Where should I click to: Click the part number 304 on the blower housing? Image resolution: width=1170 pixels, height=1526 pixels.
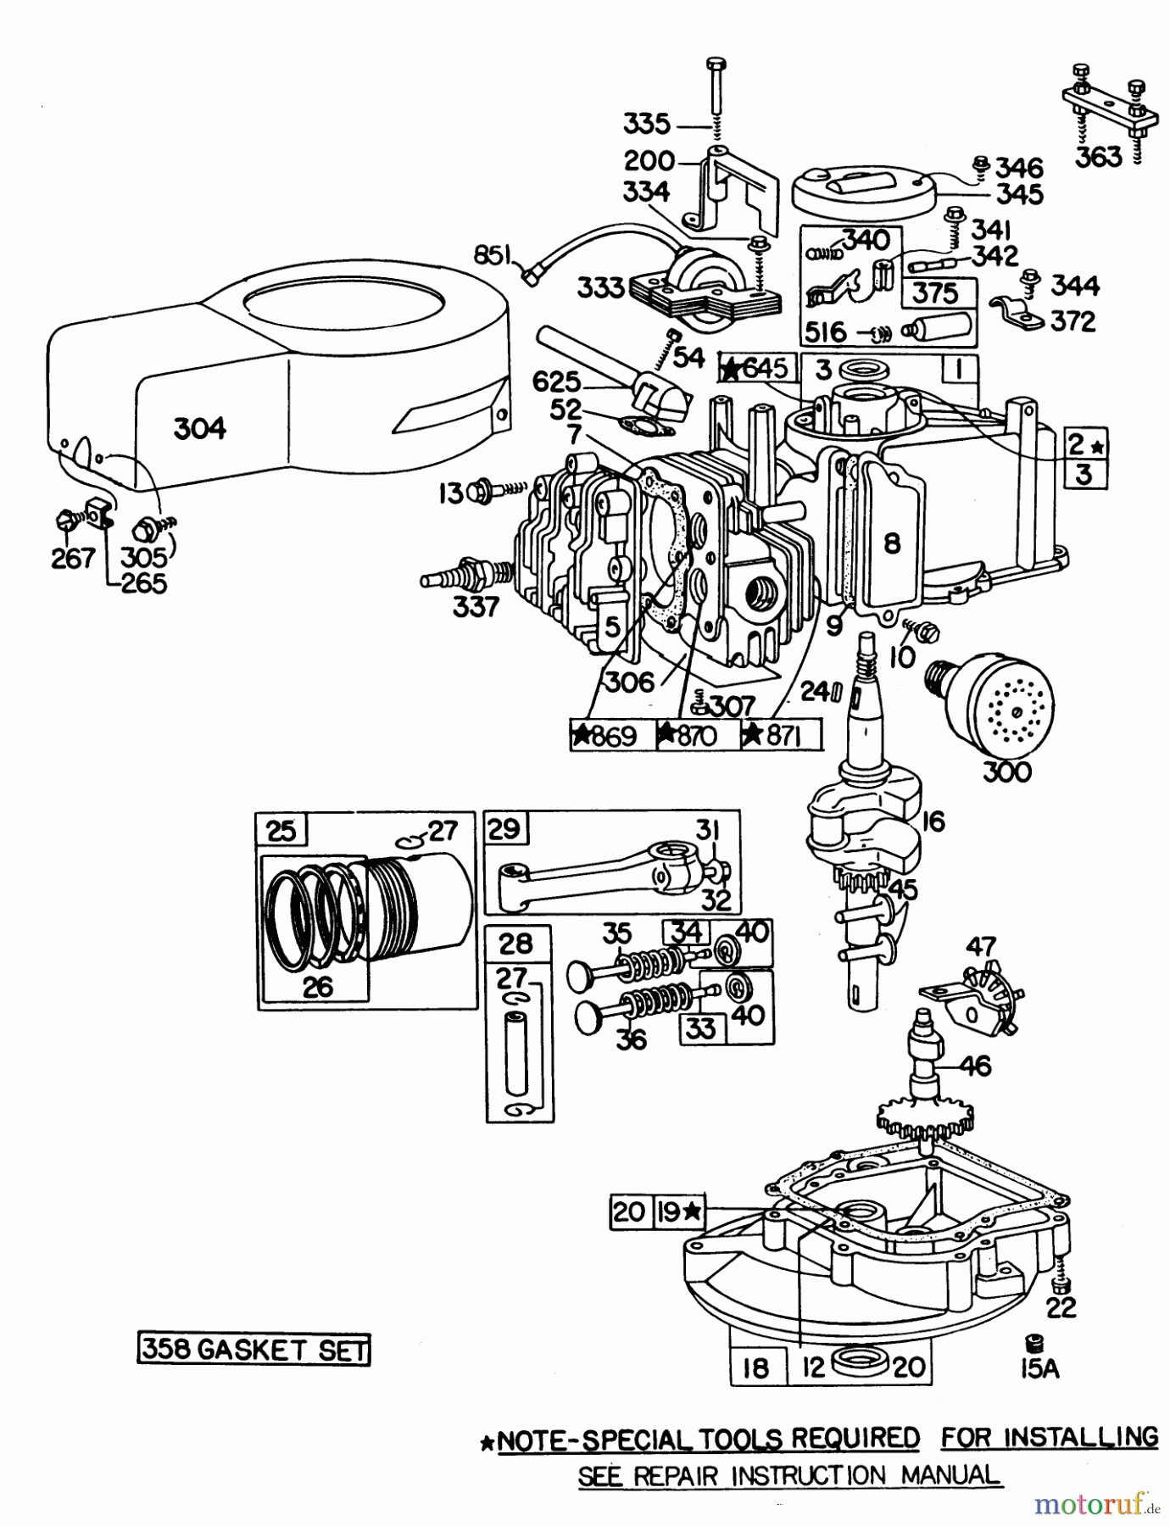tap(200, 428)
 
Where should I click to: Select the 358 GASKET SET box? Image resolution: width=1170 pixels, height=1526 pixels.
tap(253, 1349)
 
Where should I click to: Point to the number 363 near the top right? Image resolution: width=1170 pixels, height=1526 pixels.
tap(1098, 157)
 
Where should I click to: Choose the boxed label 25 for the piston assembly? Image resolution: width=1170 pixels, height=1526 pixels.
tap(281, 830)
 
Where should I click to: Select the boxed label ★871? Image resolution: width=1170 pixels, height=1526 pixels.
tap(781, 735)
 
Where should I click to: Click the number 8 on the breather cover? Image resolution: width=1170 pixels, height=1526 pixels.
tap(891, 543)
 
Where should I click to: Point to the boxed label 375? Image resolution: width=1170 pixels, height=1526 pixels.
tap(935, 293)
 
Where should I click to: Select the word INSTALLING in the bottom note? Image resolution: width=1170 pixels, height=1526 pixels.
tap(1080, 1437)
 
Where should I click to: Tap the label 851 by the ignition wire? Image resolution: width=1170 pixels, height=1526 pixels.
tap(494, 254)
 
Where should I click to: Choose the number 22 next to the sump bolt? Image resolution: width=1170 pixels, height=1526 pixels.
tap(1061, 1307)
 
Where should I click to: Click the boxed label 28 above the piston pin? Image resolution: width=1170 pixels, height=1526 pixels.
tap(516, 944)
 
